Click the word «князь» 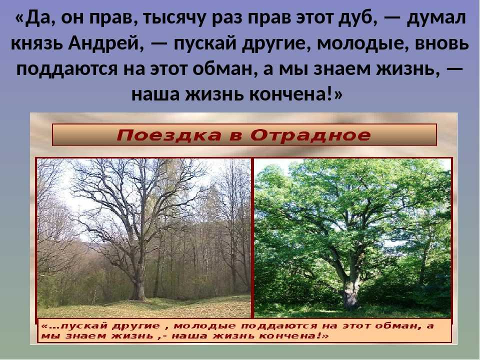37,44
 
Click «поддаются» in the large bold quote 67,70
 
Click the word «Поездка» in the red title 169,135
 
